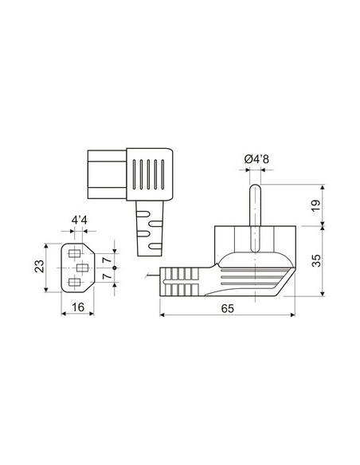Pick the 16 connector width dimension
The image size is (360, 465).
76,307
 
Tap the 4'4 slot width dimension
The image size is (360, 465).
80,217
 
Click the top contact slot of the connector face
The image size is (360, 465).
76,254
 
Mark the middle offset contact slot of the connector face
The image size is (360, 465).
82,268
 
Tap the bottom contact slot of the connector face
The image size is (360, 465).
76,283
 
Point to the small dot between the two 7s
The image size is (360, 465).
115,268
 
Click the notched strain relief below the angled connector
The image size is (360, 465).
149,229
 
